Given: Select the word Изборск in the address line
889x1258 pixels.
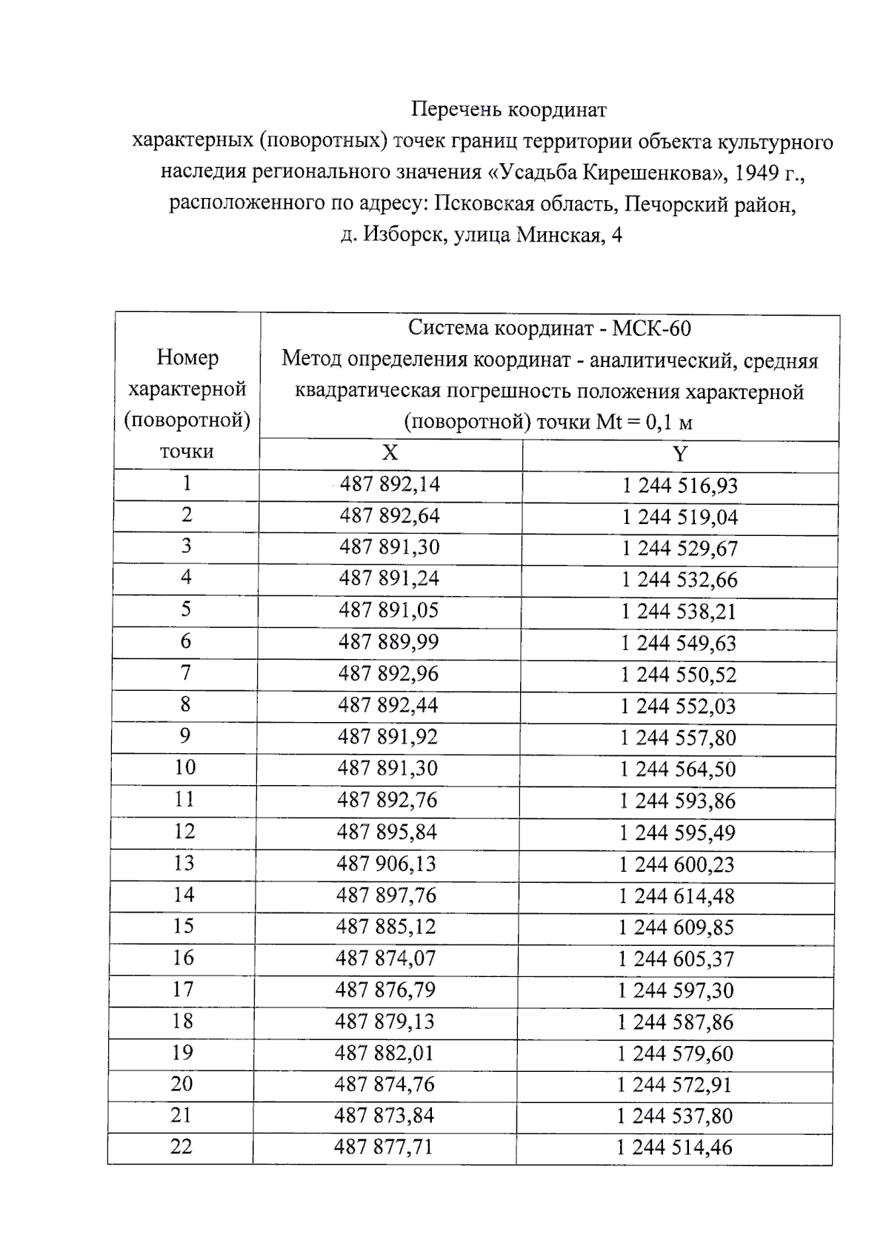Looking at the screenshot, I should pyautogui.click(x=404, y=236).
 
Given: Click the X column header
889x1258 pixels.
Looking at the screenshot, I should pyautogui.click(x=390, y=453).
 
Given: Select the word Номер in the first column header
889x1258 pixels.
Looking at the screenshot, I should pyautogui.click(x=187, y=357).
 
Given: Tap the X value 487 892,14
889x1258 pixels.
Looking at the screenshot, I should pyautogui.click(x=390, y=484).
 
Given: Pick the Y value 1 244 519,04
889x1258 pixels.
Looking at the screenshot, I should pyautogui.click(x=680, y=517).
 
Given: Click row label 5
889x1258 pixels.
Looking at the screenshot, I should pyautogui.click(x=186, y=609).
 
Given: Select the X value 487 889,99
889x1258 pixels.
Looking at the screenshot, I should pyautogui.click(x=389, y=642).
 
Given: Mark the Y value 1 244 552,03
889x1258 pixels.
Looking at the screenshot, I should pyautogui.click(x=679, y=706).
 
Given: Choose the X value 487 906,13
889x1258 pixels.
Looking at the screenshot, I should pyautogui.click(x=387, y=864).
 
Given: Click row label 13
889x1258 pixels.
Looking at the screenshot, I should pyautogui.click(x=184, y=863).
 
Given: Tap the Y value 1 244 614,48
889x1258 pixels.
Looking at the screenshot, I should pyautogui.click(x=677, y=896).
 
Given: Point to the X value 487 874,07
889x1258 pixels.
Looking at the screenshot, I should pyautogui.click(x=386, y=959).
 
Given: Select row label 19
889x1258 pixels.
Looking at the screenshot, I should pyautogui.click(x=183, y=1053).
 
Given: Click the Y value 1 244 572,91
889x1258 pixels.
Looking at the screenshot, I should pyautogui.click(x=675, y=1085).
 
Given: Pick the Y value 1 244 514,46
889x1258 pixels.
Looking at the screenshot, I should pyautogui.click(x=674, y=1148).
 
